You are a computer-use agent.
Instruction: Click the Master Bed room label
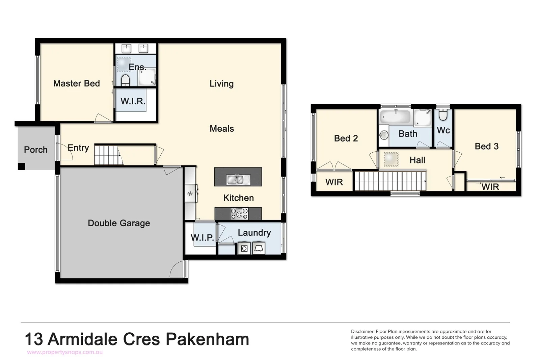pos(77,83)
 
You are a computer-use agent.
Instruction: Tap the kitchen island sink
pos(238,180)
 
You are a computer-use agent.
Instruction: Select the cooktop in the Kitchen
pos(239,214)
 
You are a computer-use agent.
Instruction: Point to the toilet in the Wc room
pos(443,115)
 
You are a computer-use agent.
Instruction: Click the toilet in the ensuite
pos(125,80)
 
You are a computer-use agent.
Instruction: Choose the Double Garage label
pos(119,223)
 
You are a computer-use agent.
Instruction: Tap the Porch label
pos(36,150)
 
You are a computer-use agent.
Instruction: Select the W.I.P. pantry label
pos(202,237)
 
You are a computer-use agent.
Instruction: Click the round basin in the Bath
pos(384,135)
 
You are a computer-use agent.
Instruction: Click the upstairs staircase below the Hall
pos(389,181)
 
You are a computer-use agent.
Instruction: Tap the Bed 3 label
pos(486,146)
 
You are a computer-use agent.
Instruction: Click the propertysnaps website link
pos(65,352)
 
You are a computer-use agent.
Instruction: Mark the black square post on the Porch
pos(22,166)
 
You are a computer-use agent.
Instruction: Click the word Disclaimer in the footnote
pos(362,332)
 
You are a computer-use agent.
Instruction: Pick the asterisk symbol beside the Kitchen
pos(190,194)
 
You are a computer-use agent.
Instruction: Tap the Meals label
pos(222,129)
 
